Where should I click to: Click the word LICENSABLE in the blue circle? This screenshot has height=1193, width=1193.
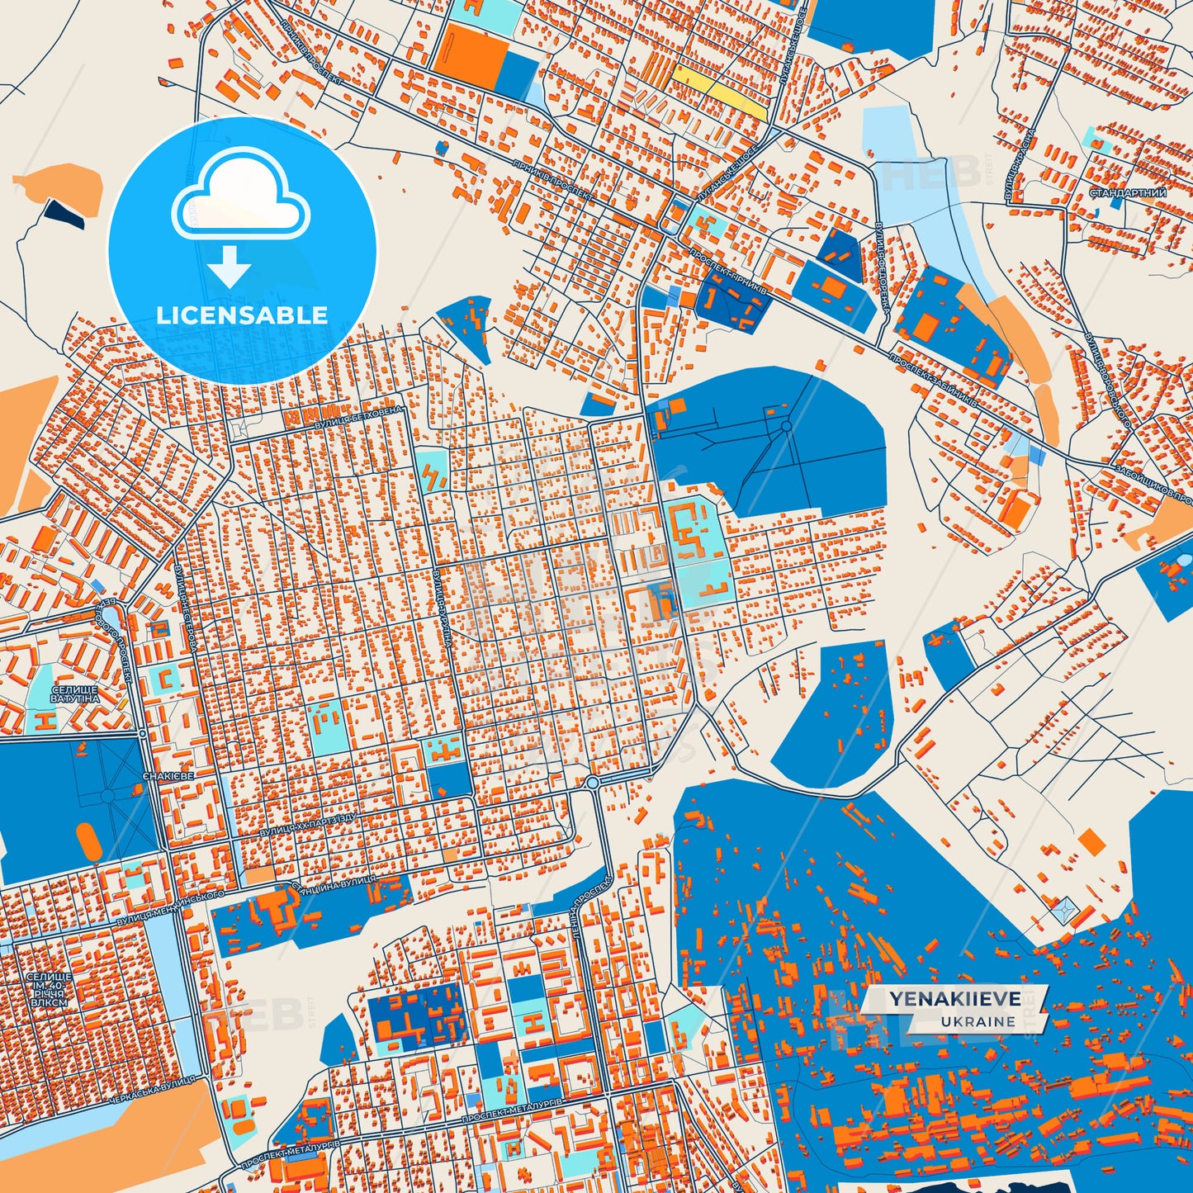(x=242, y=315)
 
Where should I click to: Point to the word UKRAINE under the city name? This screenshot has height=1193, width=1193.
(x=977, y=1021)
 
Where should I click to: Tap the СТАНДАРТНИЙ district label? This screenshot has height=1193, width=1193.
(x=1128, y=193)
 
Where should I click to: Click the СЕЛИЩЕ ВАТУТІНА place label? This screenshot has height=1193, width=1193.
(x=74, y=694)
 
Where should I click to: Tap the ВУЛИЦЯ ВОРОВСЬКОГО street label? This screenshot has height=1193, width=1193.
(x=1108, y=380)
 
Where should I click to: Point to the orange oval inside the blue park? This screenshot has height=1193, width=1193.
(x=88, y=840)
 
